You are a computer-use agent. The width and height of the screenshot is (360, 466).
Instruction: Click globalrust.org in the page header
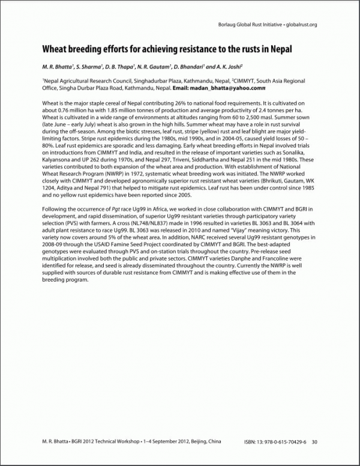298,25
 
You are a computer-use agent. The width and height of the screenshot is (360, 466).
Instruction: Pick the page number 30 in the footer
314,442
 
